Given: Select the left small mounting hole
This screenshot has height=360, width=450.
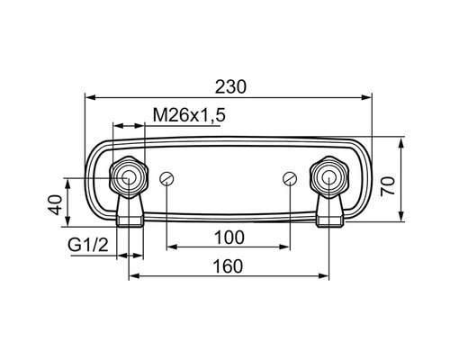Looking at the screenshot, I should coord(166,178).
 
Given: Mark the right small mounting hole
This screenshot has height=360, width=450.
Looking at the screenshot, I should coord(289,178).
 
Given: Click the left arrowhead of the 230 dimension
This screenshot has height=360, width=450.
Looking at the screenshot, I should coord(90,95).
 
